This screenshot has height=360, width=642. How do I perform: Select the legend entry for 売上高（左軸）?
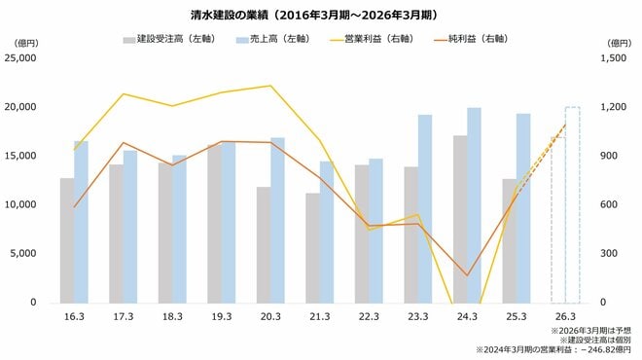[x=276, y=39]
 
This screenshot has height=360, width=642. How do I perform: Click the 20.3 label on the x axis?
[x=269, y=317]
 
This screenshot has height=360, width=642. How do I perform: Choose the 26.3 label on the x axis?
[x=564, y=317]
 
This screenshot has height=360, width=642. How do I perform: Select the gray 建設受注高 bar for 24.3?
[x=460, y=219]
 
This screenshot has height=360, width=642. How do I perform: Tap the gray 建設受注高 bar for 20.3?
[x=264, y=244]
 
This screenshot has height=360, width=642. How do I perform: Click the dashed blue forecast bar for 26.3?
[x=572, y=204]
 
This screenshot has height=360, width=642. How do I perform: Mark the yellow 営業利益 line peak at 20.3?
[x=269, y=86]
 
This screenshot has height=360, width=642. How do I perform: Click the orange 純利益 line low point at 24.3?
[x=467, y=275]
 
